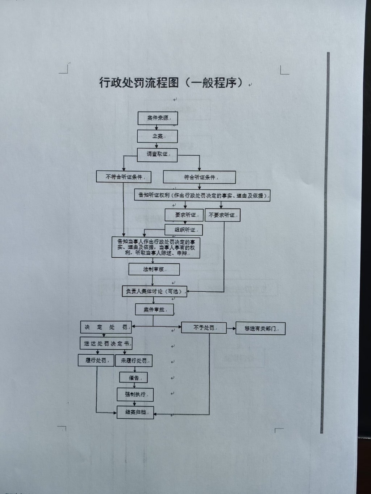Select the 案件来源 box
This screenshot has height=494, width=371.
click(158, 118)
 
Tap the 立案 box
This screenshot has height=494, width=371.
click(157, 136)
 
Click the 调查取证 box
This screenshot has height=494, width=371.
click(157, 155)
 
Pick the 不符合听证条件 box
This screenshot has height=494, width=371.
click(124, 177)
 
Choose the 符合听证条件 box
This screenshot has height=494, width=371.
click(199, 177)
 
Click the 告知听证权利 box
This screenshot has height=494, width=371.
click(202, 195)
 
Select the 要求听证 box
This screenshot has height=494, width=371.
click(184, 215)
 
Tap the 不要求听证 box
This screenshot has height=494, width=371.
click(222, 215)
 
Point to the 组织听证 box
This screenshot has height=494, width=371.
click(183, 230)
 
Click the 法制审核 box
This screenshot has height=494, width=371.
click(154, 269)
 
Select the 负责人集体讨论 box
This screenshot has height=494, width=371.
click(155, 291)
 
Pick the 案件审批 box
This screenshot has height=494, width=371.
click(154, 310)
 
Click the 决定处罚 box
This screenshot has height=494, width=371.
click(105, 327)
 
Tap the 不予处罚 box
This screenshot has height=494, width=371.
click(204, 328)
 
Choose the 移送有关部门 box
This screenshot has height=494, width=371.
click(260, 329)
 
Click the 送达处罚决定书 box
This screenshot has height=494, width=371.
click(106, 343)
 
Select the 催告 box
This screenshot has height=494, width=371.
click(133, 378)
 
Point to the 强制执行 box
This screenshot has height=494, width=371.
click(135, 394)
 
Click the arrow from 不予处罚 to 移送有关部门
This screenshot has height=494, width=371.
click(231, 329)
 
